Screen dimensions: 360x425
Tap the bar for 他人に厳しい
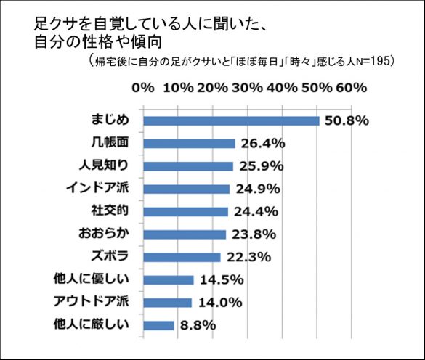pyautogui.click(x=159, y=325)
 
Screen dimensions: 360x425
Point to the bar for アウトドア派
pyautogui.click(x=168, y=303)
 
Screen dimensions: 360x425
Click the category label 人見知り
pyautogui.click(x=108, y=165)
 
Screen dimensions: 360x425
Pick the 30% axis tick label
pyautogui.click(x=248, y=88)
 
